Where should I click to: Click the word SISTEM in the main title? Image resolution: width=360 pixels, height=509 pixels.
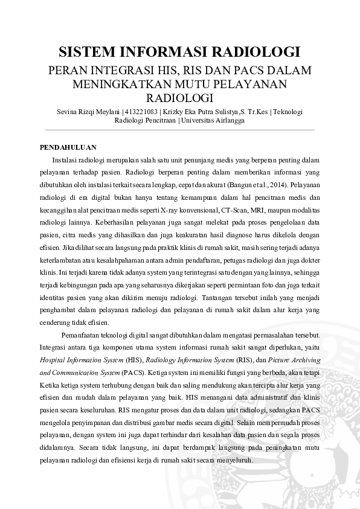89,51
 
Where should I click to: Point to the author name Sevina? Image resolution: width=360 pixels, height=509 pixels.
68,112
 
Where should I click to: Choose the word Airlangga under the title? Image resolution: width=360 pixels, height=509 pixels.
230,120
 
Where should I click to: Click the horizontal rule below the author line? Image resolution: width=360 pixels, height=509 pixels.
180,129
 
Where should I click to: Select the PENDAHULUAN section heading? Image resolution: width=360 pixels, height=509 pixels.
68,147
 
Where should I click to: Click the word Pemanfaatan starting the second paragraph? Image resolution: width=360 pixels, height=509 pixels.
83,335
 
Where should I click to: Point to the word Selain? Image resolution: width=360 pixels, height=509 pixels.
248,423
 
